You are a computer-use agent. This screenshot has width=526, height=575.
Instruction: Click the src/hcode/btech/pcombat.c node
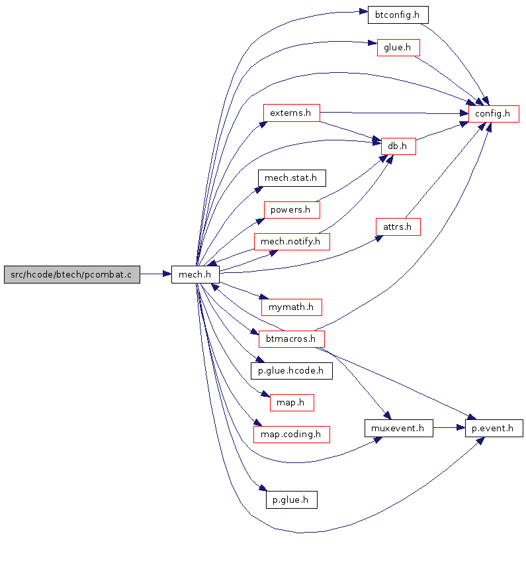coord(72,274)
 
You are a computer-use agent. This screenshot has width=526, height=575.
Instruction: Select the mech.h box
coord(195,274)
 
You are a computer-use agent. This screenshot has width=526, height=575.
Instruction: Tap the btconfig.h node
coord(398,15)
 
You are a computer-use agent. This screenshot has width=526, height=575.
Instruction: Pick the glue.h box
coord(398,48)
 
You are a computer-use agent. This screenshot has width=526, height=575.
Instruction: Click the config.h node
coord(494,114)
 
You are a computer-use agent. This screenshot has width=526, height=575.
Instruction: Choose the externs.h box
coord(292,113)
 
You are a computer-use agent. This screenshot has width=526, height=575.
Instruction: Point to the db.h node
coord(398,146)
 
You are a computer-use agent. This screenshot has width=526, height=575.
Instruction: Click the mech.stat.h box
coord(292,178)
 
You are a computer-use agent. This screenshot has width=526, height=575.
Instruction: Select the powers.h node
coord(292,210)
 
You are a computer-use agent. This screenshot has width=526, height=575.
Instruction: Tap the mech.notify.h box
coord(292,242)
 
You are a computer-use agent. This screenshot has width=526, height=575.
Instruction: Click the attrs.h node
coord(398,227)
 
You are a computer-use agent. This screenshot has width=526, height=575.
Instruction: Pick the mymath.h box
coord(292,307)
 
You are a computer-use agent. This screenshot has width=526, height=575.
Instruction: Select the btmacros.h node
coord(292,339)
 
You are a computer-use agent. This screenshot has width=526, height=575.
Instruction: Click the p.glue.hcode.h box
coord(292,371)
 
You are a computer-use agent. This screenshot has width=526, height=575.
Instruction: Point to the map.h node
coord(292,403)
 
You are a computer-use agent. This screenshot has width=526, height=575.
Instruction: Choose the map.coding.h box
coord(292,435)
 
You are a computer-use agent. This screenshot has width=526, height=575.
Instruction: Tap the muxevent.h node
coord(398,429)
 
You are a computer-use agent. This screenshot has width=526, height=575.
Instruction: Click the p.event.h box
coord(494,429)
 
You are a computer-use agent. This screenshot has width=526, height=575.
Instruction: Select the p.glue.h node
coord(292,500)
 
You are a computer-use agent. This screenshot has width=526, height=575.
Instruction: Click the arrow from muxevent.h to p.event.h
coord(449,427)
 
